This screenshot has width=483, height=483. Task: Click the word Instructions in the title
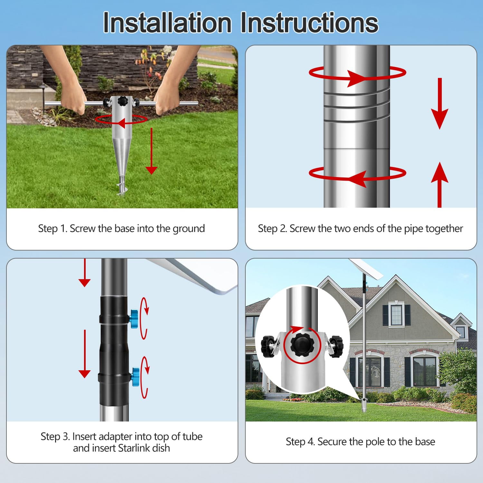(x=309, y=23)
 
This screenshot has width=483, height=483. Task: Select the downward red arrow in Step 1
(x=151, y=151)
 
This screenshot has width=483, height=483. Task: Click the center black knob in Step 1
(x=122, y=101)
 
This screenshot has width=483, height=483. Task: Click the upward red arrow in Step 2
(x=440, y=184)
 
